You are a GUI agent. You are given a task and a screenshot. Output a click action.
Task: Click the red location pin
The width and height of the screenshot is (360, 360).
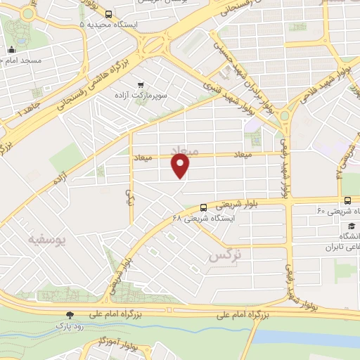point(181,166)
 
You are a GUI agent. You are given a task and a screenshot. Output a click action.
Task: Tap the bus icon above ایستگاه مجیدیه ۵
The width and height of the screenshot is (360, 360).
point(108,13)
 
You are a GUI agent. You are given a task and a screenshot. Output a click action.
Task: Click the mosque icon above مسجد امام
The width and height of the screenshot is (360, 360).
point(12,49)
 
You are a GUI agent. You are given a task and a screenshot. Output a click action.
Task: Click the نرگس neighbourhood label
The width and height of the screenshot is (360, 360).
point(224,256)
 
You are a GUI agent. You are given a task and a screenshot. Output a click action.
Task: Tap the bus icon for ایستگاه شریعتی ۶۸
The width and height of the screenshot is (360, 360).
point(203,207)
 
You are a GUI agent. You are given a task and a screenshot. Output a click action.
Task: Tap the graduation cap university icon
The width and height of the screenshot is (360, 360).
point(350,226)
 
